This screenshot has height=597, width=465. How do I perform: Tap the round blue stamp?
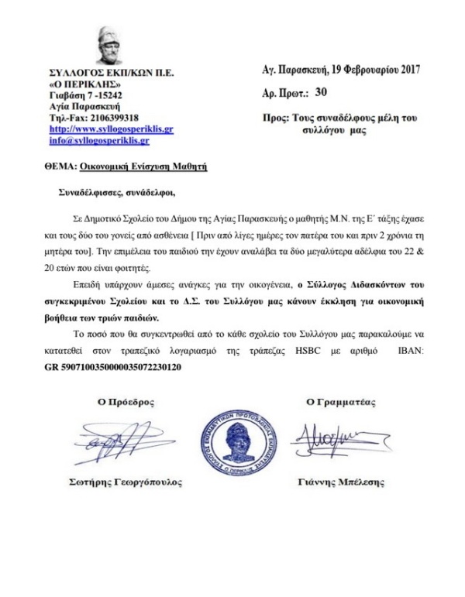coord(233,444)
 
